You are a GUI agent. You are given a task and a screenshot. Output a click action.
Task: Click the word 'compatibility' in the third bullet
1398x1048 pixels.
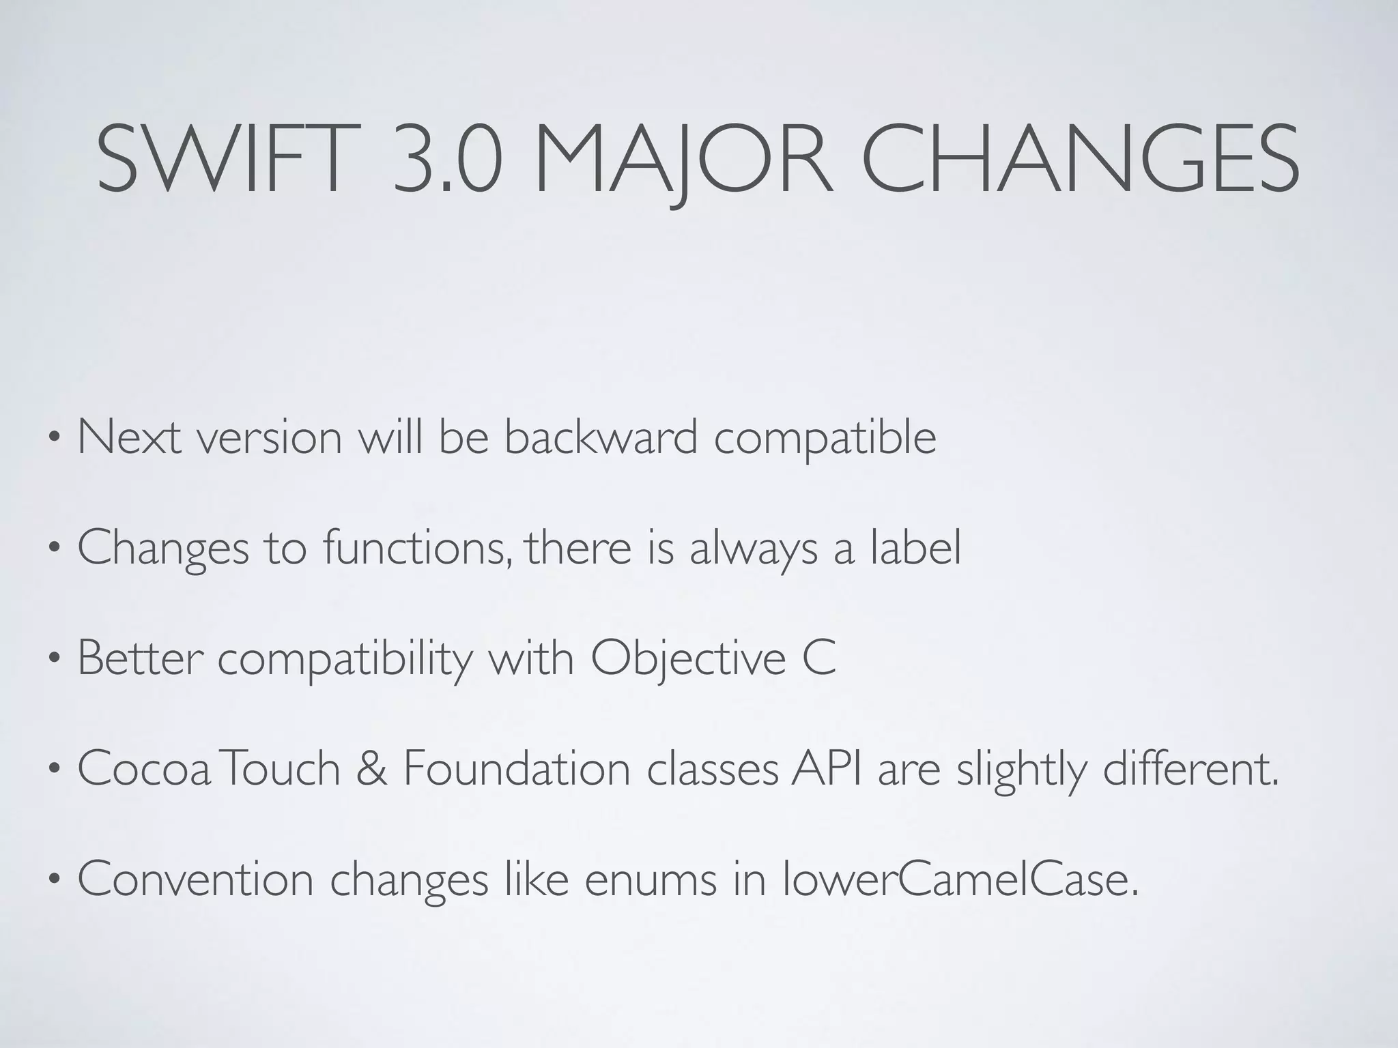click(x=345, y=659)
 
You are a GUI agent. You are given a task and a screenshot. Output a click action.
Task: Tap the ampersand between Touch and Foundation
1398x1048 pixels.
click(x=371, y=769)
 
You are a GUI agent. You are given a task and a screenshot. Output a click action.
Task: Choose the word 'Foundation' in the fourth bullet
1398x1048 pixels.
click(x=517, y=769)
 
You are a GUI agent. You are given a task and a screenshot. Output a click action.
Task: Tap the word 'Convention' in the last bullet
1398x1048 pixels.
click(x=195, y=879)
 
